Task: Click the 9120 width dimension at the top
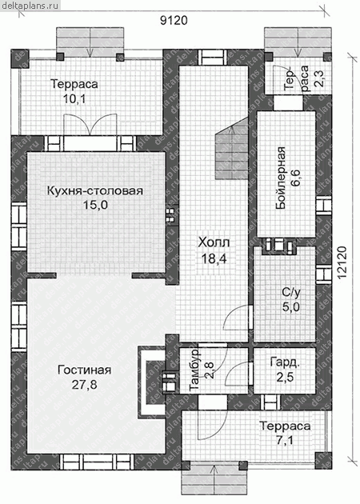coord(174,21)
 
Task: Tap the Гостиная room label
coord(85,370)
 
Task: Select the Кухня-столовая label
coord(95,190)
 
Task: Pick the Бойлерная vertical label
coord(281,178)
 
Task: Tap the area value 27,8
coord(84,385)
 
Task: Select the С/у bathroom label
coord(291,292)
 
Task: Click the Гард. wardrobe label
coord(285,362)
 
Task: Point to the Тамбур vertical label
coord(194,370)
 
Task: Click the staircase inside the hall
coord(232,149)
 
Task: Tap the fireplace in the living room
coord(152,382)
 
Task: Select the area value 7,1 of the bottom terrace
coord(285,440)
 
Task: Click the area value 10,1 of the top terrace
coord(74,99)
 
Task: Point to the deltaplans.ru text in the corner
coord(30,5)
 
